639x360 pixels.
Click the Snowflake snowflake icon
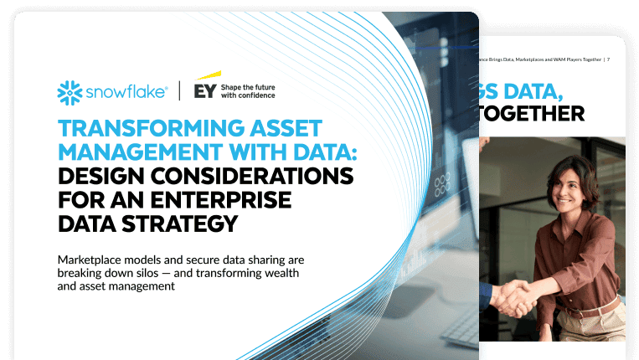click(70, 92)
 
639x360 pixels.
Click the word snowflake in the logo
click(125, 92)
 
